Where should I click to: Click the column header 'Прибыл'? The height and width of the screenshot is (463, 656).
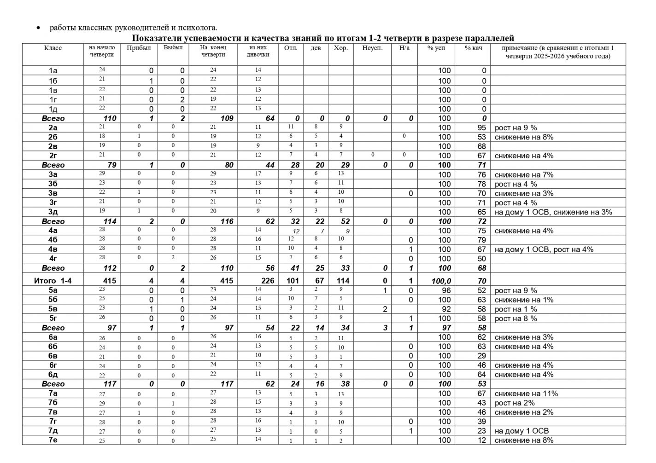(138, 48)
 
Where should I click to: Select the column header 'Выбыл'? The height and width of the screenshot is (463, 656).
(173, 48)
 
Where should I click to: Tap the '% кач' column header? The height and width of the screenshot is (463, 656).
(473, 48)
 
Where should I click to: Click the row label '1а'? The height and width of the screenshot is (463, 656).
(53, 71)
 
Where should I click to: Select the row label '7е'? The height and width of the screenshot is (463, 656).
(53, 440)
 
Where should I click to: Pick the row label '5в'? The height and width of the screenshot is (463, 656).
(53, 309)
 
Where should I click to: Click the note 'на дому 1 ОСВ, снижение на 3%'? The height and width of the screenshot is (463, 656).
(553, 212)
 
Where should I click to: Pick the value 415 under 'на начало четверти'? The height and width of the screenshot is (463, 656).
(110, 281)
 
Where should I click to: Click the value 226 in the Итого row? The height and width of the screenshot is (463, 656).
(267, 281)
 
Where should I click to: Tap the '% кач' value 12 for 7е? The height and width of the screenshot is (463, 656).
(482, 440)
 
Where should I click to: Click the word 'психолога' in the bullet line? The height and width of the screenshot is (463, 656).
(200, 28)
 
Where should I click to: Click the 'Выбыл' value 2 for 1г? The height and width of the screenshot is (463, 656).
(182, 99)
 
